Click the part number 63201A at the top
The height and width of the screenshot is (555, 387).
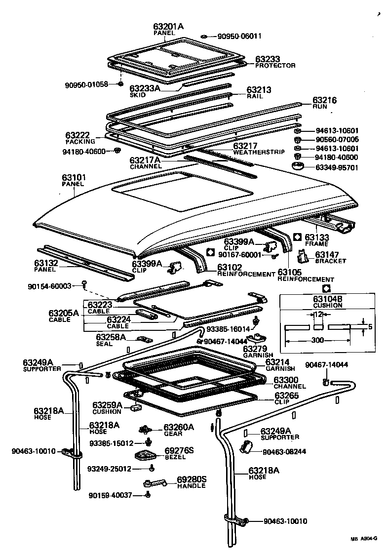click(x=168, y=26)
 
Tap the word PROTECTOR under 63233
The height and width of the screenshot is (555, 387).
click(x=275, y=66)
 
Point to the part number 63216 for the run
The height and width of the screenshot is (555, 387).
click(x=324, y=100)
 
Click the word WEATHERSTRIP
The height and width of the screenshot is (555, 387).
click(x=259, y=152)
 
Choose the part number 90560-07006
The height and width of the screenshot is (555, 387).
click(x=337, y=140)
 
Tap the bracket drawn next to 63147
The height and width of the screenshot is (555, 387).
click(x=303, y=256)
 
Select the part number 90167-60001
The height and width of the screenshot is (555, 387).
click(x=240, y=255)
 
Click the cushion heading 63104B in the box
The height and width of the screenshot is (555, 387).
click(x=327, y=299)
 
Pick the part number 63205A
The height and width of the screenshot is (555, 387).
click(x=64, y=313)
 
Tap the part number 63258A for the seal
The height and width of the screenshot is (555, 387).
click(x=111, y=337)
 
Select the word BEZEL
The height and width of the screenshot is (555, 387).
click(x=175, y=457)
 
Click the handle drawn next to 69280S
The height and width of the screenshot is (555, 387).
click(x=155, y=483)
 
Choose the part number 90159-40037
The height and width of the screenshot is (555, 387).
click(x=111, y=495)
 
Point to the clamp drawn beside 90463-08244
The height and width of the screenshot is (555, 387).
click(x=245, y=447)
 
